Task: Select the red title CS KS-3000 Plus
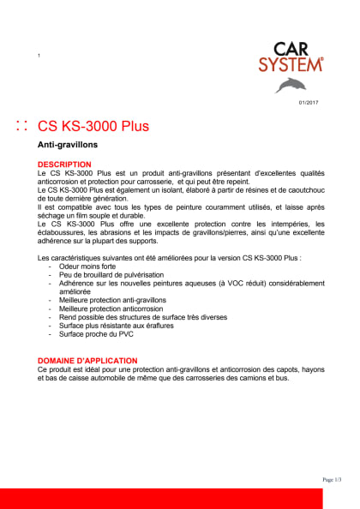(x=93, y=127)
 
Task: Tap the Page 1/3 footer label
(x=332, y=479)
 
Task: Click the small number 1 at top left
(x=39, y=57)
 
